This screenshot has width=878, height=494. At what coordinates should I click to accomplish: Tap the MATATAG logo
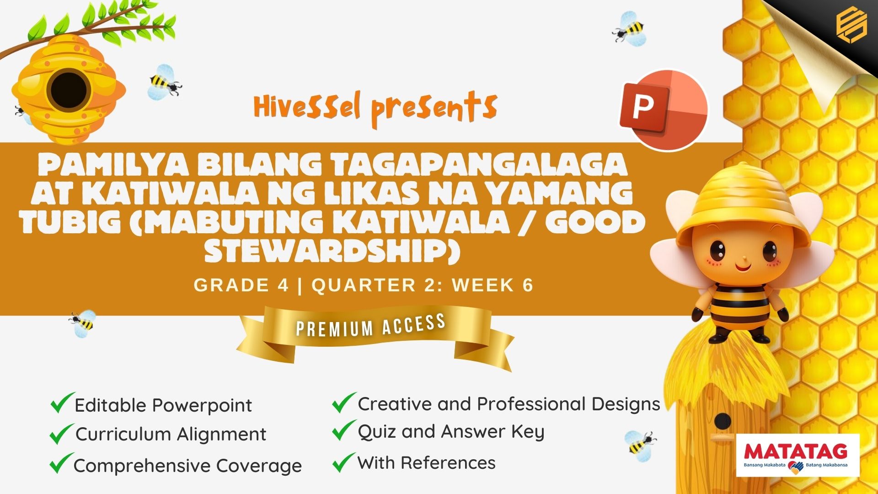tap(798, 455)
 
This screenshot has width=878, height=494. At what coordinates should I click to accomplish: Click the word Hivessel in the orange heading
tap(307, 107)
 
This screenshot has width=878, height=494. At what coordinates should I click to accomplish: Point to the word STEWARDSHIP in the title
tap(332, 250)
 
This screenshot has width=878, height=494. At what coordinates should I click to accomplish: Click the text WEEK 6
tap(493, 285)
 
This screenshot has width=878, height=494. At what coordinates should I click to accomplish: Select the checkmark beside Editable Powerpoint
tap(62, 403)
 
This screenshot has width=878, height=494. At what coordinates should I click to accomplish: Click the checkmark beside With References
tap(343, 462)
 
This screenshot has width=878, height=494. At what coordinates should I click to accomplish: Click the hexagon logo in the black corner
tap(851, 27)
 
